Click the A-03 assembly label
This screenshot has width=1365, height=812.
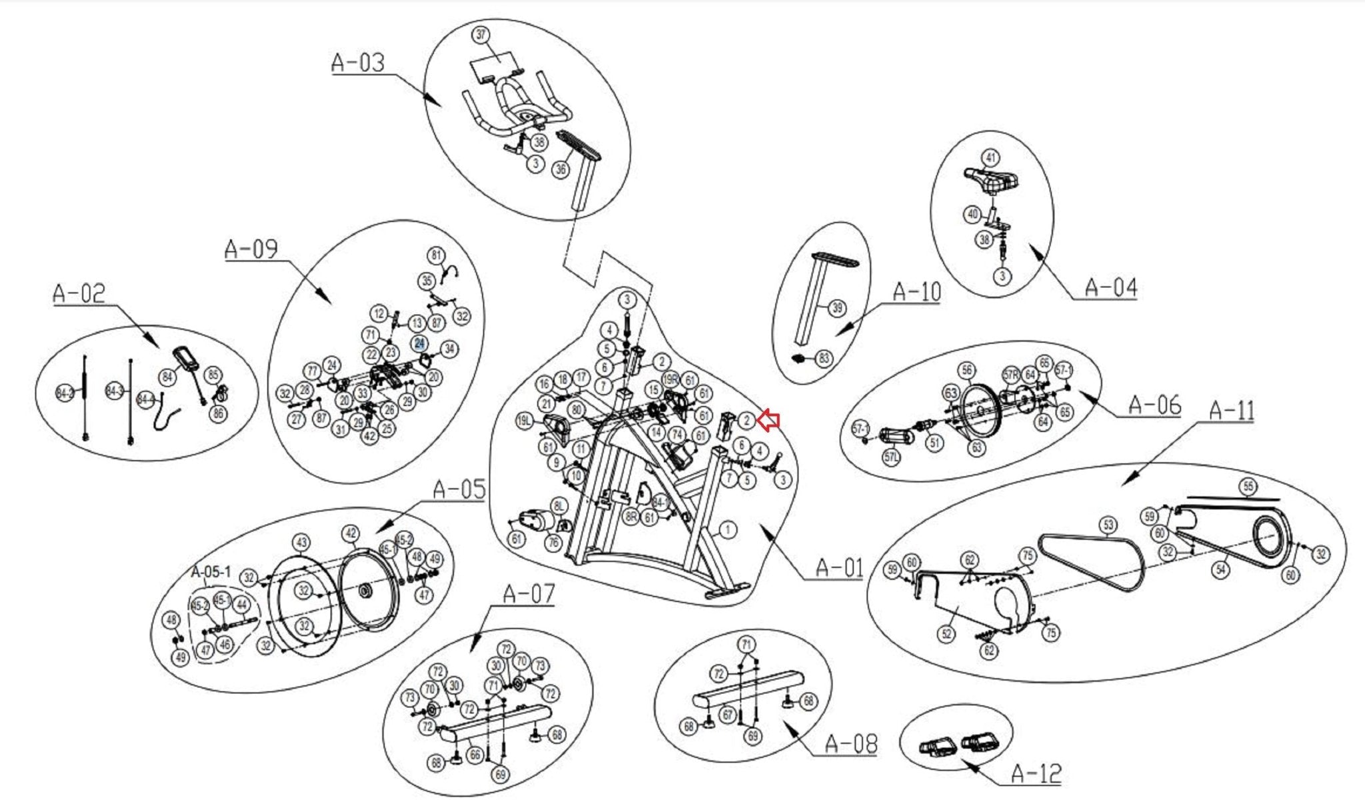coord(358,63)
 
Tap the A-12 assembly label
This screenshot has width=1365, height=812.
coord(1036,773)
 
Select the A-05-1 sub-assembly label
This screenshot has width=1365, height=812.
coord(211,572)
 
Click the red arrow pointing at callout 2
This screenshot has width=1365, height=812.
coord(768,420)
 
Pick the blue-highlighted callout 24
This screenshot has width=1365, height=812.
coord(419,343)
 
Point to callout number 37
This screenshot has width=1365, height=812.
coord(481,35)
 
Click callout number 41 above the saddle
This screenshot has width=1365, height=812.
coord(991,158)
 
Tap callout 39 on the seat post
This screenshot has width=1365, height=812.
coord(837,308)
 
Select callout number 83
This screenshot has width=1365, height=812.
coord(824,359)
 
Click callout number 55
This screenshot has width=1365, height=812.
coord(1248,487)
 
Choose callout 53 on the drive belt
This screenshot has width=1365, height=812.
coord(1108,525)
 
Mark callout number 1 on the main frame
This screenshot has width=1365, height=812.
coord(728,529)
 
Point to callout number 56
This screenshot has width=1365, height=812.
coord(966,371)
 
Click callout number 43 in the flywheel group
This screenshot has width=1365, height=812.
coord(302,543)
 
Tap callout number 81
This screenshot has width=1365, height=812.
coord(436,255)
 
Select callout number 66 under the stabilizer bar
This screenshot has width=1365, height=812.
coord(475,755)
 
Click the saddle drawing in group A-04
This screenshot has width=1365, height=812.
coord(992,179)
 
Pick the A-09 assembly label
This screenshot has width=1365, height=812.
coord(251,249)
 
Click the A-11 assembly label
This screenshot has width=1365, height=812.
coord(1231,411)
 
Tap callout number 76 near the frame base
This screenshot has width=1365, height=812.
coord(553,542)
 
